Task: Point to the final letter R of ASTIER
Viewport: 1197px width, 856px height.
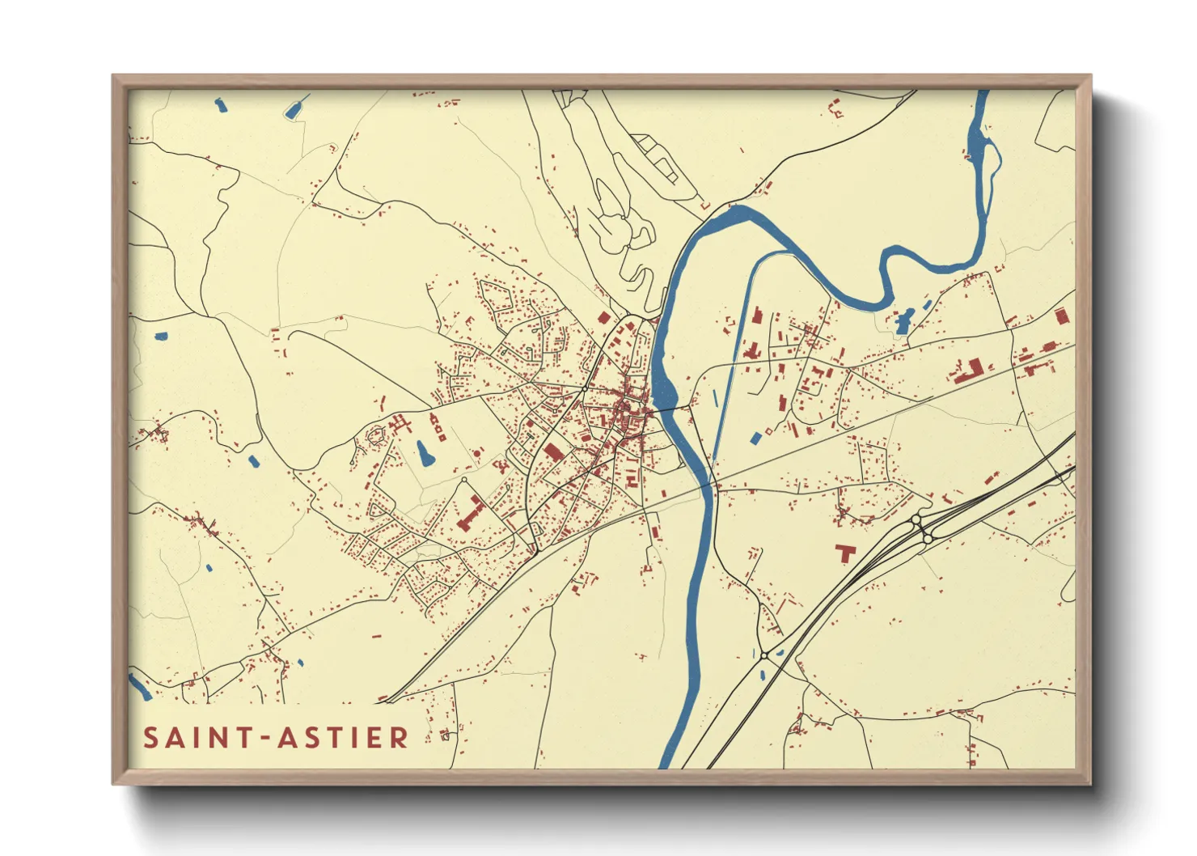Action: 400,738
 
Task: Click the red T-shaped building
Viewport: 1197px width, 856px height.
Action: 845,553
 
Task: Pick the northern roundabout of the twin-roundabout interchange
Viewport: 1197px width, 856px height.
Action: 916,519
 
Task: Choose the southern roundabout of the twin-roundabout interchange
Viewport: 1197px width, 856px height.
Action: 928,536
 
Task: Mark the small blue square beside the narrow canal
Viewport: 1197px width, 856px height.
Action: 756,438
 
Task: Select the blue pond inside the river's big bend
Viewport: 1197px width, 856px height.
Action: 904,321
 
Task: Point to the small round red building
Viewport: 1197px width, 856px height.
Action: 376,435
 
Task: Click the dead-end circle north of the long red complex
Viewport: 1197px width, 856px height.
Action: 464,481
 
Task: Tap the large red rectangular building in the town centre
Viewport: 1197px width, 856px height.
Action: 553,451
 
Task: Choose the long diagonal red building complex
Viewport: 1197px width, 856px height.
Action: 470,514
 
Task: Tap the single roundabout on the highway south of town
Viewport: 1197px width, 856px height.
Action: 763,655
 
